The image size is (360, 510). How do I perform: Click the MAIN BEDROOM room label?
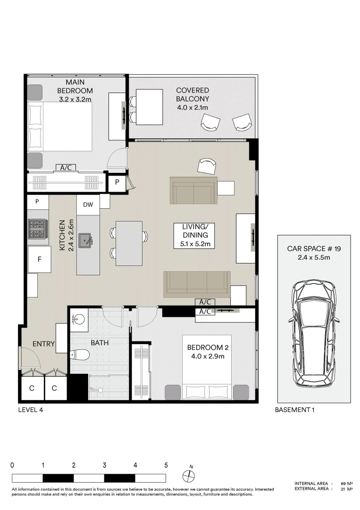point(75,86)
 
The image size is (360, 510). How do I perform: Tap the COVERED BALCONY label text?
point(192,94)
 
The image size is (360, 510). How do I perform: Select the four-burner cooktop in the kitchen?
point(37,229)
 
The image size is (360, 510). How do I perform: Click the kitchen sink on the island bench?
point(86,240)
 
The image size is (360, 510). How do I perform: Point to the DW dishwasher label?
point(88,205)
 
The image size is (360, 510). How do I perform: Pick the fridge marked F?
point(39,259)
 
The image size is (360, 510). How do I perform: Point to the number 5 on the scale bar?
point(166,465)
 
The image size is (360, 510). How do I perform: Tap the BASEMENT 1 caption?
point(294,410)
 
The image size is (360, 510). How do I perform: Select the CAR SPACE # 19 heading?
point(313,248)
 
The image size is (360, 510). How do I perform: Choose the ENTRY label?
point(43,344)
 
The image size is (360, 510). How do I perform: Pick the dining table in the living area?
point(129,243)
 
